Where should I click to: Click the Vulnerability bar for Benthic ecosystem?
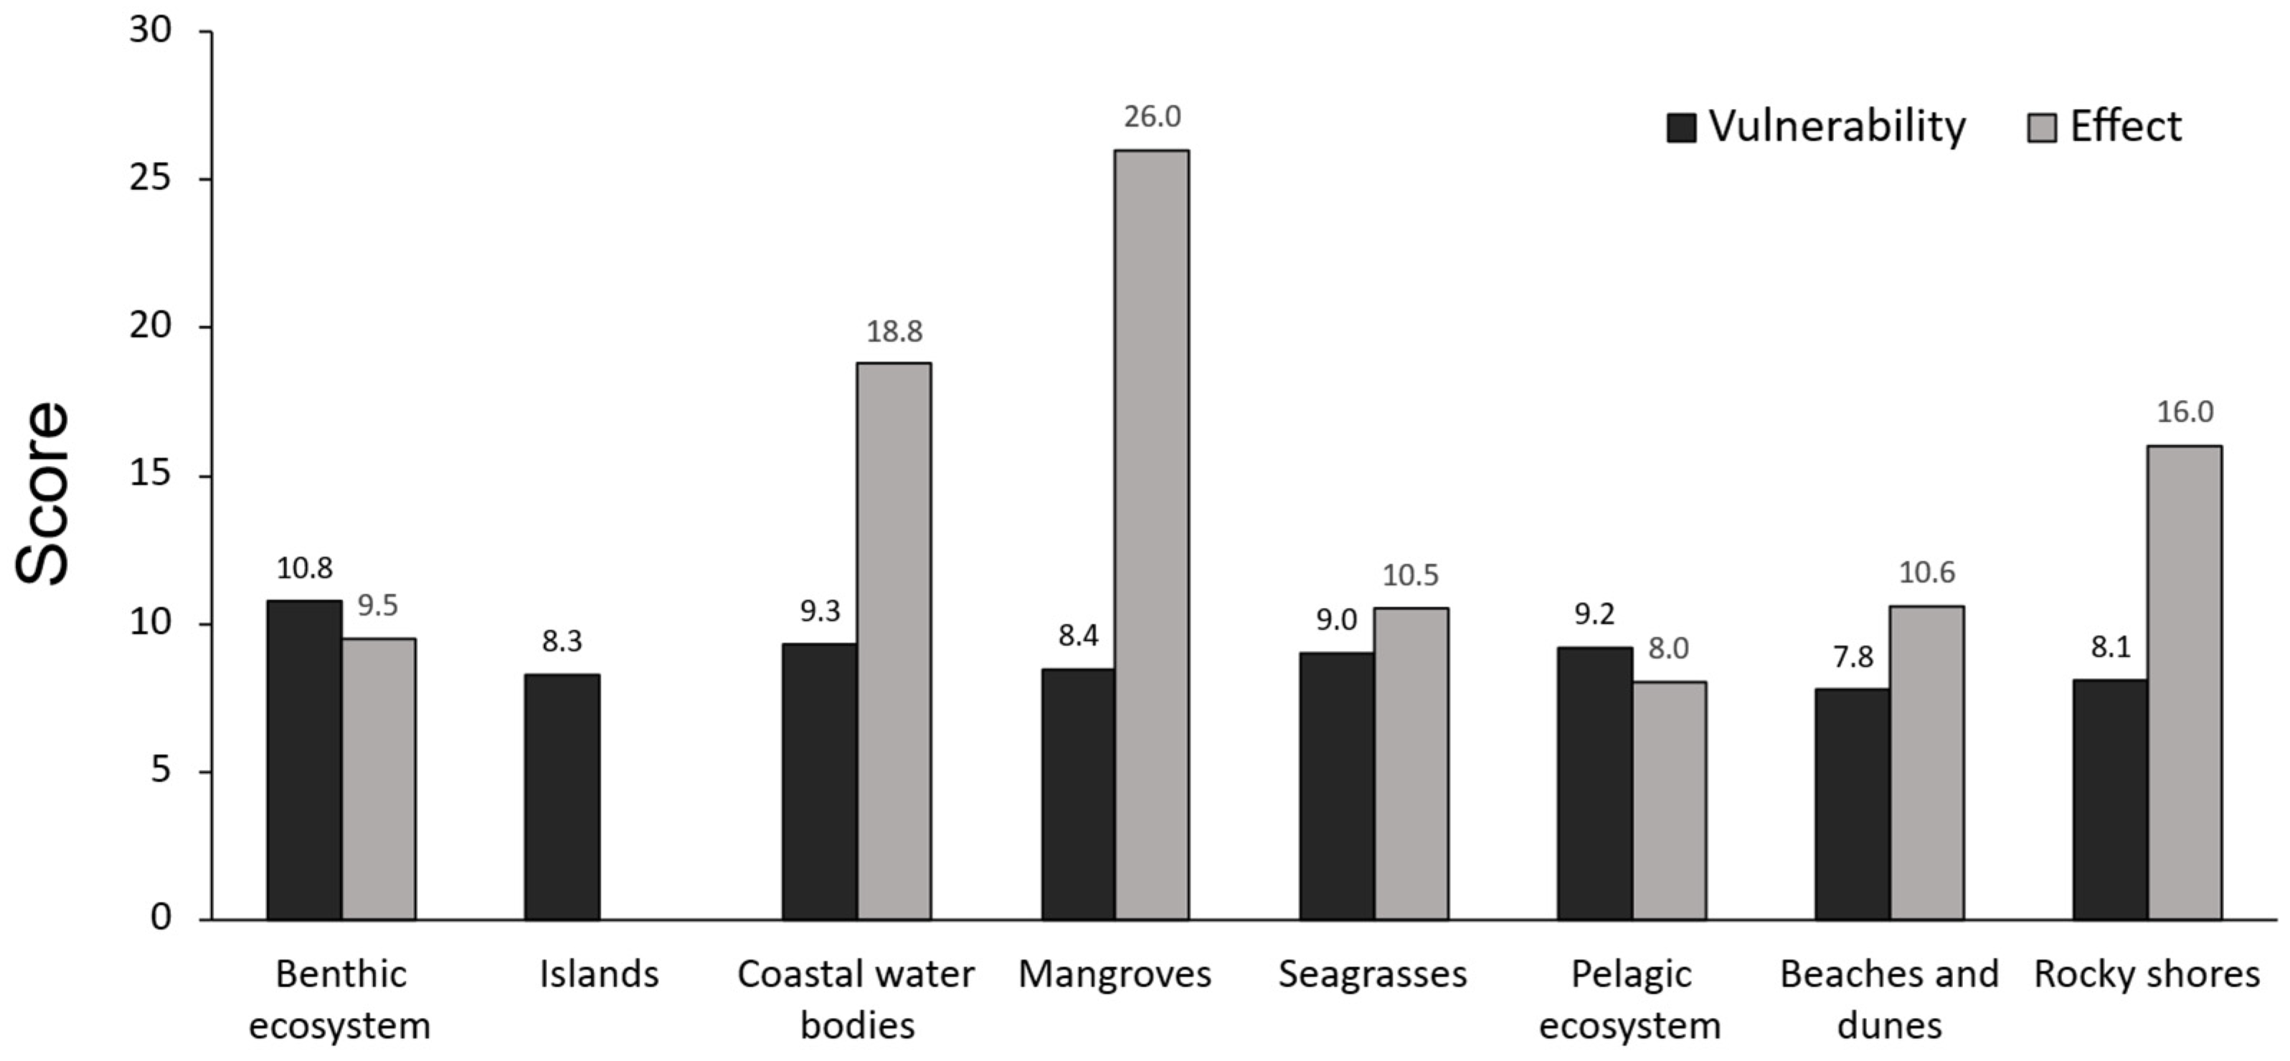coord(305,760)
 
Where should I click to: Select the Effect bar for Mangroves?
coord(1152,535)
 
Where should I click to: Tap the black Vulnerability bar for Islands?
coord(562,797)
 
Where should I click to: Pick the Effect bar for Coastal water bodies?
coord(894,641)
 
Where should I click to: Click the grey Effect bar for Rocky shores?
coord(2184,682)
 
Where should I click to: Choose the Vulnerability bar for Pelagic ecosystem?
coord(1595,784)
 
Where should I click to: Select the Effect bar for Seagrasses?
coord(1411,764)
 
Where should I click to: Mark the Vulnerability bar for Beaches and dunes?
coord(1853,804)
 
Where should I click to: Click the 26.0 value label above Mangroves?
coord(1152,116)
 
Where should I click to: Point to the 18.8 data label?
coord(894,330)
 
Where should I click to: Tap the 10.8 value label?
coord(304,568)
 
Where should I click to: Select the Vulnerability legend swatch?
coord(1682,128)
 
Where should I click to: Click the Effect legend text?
coord(2126,126)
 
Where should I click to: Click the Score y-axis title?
coord(42,494)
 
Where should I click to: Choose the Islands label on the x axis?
coord(599,974)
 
